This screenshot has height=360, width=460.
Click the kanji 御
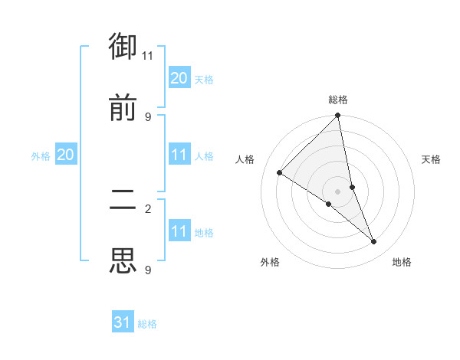point(123,47)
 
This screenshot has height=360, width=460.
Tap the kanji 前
point(123,108)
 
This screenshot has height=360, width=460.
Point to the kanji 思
point(123,261)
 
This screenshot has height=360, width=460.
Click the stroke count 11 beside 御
point(147,55)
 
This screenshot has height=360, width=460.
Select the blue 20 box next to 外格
point(65,155)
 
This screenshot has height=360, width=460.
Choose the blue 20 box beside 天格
point(179,78)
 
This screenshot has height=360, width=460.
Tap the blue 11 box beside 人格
point(179,155)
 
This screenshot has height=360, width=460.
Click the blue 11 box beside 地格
point(179,231)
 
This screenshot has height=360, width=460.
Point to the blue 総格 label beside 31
point(147,324)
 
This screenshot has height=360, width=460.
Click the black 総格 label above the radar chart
point(338,100)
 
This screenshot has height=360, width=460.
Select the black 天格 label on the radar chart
point(431,159)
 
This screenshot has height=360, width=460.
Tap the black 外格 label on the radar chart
point(270,262)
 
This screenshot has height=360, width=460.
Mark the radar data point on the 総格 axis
point(338,116)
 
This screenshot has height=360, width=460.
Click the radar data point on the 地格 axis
point(374,241)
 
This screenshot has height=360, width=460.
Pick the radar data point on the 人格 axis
point(280,173)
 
